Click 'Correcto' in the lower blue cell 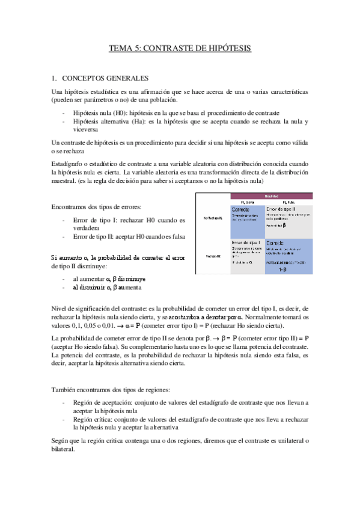(278, 244)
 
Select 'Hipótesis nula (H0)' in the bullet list (100, 113)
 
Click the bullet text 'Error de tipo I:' (97, 220)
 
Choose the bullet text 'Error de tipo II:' (99, 236)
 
